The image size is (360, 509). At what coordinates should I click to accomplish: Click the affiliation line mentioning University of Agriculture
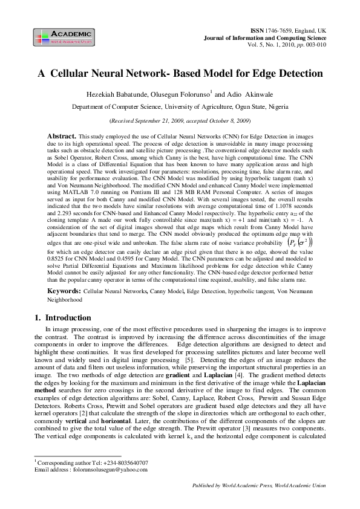click(x=180, y=106)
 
